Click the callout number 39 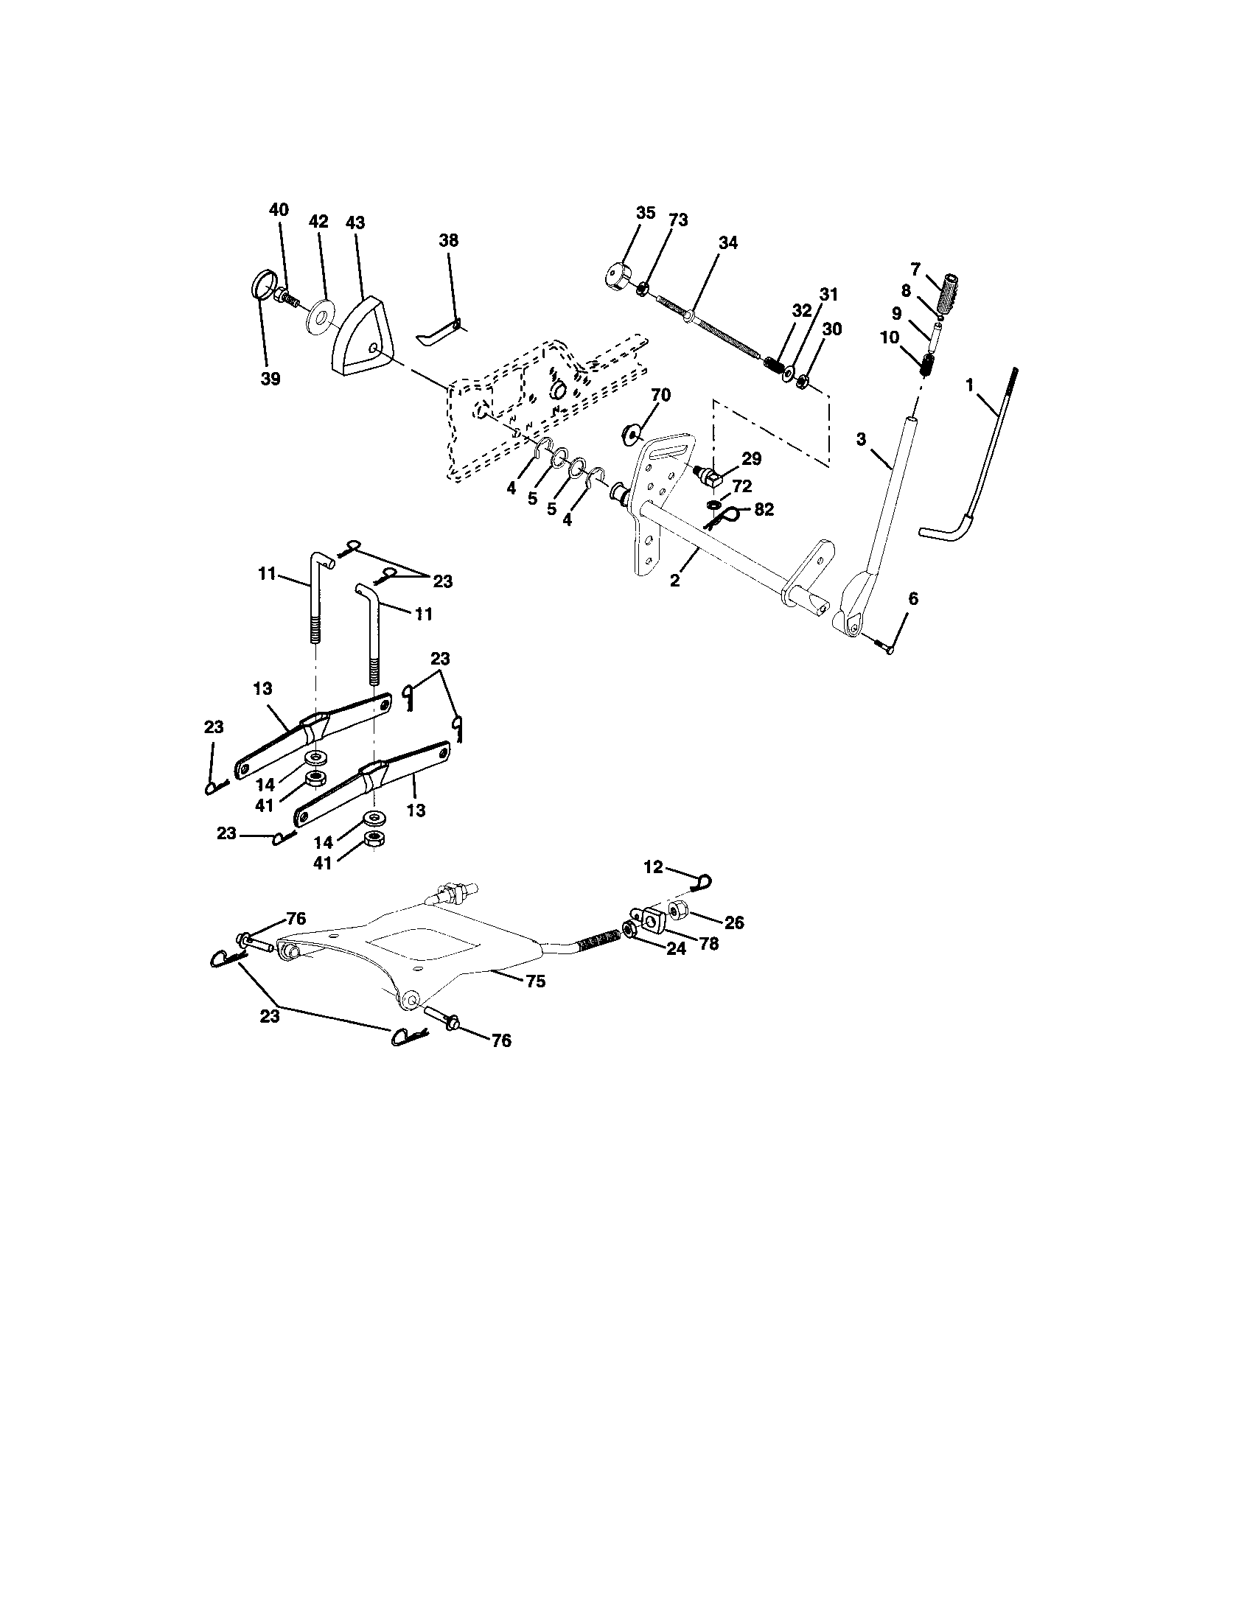271,379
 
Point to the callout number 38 448,240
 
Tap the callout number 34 728,242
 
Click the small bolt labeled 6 881,646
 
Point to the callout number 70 660,396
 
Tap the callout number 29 751,460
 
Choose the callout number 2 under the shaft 674,581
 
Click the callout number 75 535,981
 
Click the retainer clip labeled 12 702,882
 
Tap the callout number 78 709,944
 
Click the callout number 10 890,337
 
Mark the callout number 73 678,220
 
